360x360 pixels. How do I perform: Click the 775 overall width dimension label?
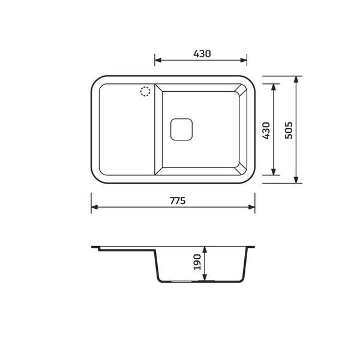click(x=178, y=201)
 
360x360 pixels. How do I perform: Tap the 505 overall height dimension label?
click(x=289, y=130)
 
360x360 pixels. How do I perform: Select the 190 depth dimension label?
click(x=197, y=262)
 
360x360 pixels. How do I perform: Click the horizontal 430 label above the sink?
click(x=202, y=54)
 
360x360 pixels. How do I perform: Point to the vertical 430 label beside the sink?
click(x=266, y=130)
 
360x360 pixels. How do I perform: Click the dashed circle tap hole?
click(x=145, y=91)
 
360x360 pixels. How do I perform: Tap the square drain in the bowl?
click(x=181, y=130)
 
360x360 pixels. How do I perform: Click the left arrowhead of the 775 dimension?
click(x=95, y=207)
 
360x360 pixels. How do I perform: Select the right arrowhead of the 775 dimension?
click(x=251, y=207)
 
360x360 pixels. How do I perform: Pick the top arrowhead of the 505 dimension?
click(x=296, y=79)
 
